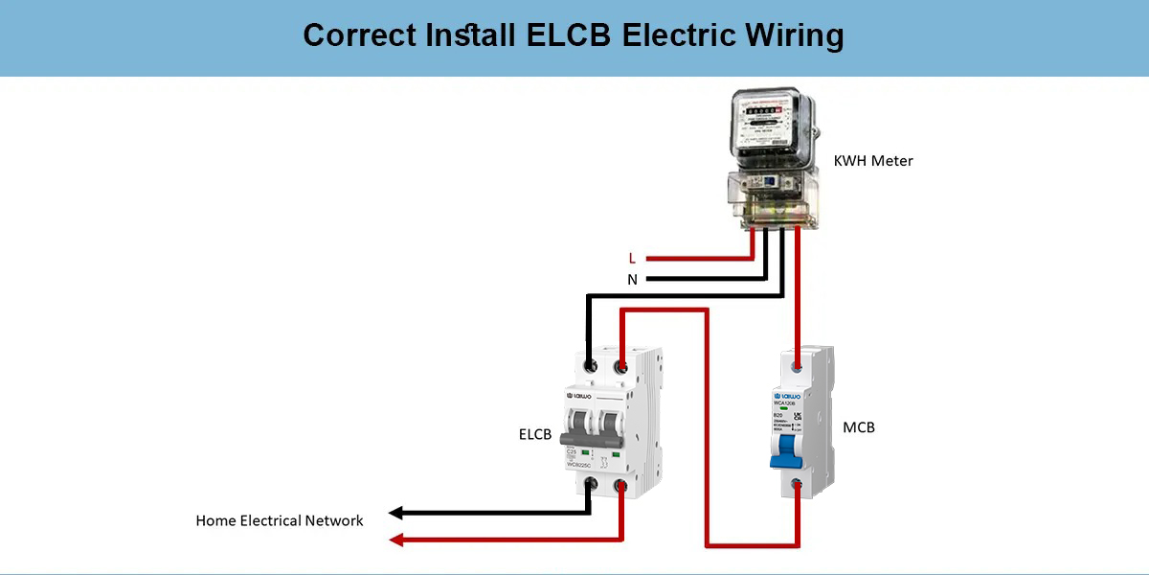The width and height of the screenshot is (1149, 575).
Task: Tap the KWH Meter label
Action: [873, 161]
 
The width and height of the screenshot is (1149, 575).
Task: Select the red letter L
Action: [632, 258]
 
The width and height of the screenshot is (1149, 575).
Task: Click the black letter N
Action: [632, 280]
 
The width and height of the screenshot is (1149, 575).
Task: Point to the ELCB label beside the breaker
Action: [534, 435]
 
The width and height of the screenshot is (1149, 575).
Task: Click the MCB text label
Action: [859, 427]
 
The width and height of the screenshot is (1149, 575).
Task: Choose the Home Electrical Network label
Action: [280, 521]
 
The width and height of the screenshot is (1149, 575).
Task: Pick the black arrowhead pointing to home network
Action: [395, 513]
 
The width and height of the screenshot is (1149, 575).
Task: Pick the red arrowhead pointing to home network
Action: [395, 540]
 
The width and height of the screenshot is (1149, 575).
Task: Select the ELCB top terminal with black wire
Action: [589, 366]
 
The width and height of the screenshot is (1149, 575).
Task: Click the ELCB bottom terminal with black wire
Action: [591, 486]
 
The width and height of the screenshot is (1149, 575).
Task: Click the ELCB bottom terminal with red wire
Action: [621, 487]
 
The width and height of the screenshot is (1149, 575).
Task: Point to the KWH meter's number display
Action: [766, 111]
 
